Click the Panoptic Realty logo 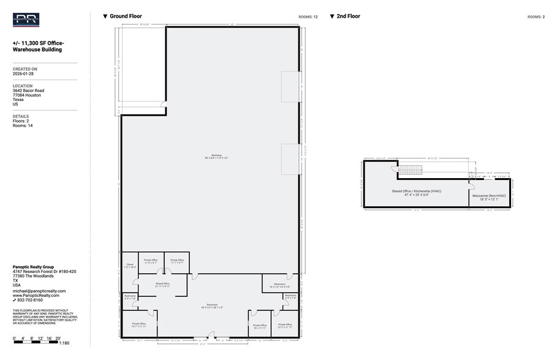(x=26, y=20)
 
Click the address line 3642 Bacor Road (x=28, y=91)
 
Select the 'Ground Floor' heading (x=126, y=17)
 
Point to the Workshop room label (x=216, y=157)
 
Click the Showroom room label (x=213, y=306)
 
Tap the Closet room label (x=130, y=266)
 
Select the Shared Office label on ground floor (x=162, y=285)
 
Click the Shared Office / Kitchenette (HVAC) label (x=417, y=192)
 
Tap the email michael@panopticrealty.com (x=39, y=291)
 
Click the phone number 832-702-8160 (x=30, y=300)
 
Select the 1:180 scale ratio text (x=64, y=343)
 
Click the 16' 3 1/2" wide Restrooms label (x=280, y=285)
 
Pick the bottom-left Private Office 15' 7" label (x=138, y=325)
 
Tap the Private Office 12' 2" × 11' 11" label (x=285, y=326)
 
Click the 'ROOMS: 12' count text (x=308, y=17)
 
